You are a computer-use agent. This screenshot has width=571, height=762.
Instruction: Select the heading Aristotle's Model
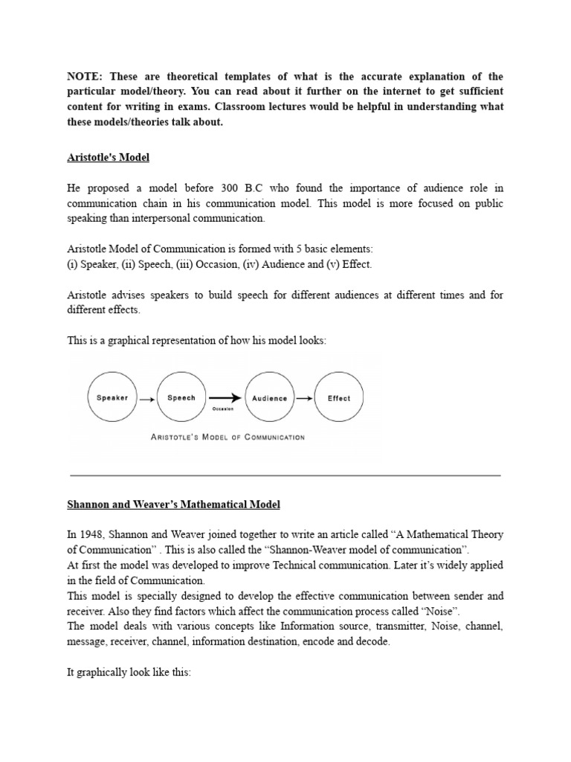click(x=109, y=158)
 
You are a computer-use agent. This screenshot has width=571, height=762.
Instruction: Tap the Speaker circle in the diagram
click(x=112, y=398)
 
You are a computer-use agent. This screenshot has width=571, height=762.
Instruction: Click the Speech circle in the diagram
click(x=181, y=398)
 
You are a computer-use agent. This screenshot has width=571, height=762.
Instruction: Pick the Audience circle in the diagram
click(x=269, y=398)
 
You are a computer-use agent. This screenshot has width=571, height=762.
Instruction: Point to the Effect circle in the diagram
click(x=339, y=398)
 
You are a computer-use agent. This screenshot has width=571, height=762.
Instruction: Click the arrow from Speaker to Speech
click(x=147, y=399)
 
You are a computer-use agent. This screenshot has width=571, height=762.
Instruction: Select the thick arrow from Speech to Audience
click(x=225, y=398)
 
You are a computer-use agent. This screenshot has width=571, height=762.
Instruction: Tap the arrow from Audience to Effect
click(x=304, y=399)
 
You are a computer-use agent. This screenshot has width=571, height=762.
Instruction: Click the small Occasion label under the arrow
click(x=223, y=409)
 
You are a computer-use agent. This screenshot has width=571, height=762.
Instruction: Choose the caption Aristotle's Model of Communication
click(x=228, y=438)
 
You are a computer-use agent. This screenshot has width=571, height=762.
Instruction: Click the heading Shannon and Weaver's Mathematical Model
click(x=174, y=505)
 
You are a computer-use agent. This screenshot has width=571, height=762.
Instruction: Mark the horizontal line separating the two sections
click(x=285, y=475)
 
